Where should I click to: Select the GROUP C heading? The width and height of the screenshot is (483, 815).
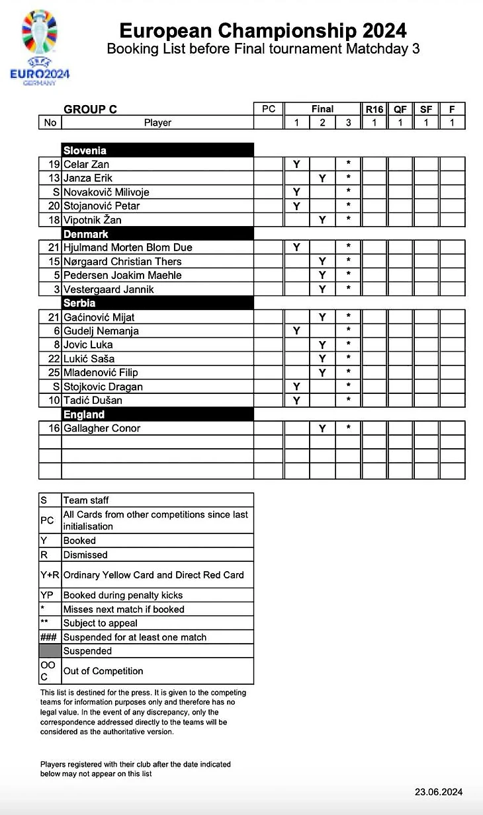point(90,109)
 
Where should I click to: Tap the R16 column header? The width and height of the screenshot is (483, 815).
point(374,109)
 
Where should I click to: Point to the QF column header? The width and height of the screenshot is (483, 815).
point(400,109)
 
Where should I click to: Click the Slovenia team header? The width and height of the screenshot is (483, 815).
point(85,150)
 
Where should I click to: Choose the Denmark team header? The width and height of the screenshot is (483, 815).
point(85,233)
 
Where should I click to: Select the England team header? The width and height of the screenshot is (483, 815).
point(84,414)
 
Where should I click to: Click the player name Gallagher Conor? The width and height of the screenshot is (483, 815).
point(102,428)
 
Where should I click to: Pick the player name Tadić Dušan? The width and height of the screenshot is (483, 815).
point(93,401)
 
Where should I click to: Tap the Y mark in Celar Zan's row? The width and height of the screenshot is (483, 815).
point(296,164)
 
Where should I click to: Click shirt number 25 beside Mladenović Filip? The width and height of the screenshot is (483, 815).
point(54,373)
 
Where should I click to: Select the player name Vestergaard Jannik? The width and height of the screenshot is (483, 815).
point(109,290)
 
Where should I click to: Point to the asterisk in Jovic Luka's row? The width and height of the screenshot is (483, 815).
point(349,345)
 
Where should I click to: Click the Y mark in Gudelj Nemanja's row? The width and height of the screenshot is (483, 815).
point(296,331)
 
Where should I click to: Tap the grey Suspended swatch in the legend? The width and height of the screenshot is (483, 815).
point(50,651)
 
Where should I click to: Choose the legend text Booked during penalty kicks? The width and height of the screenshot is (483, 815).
point(122,596)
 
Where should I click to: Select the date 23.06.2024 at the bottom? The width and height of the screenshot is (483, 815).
point(439,792)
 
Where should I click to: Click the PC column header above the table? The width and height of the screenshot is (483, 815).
point(269,109)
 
